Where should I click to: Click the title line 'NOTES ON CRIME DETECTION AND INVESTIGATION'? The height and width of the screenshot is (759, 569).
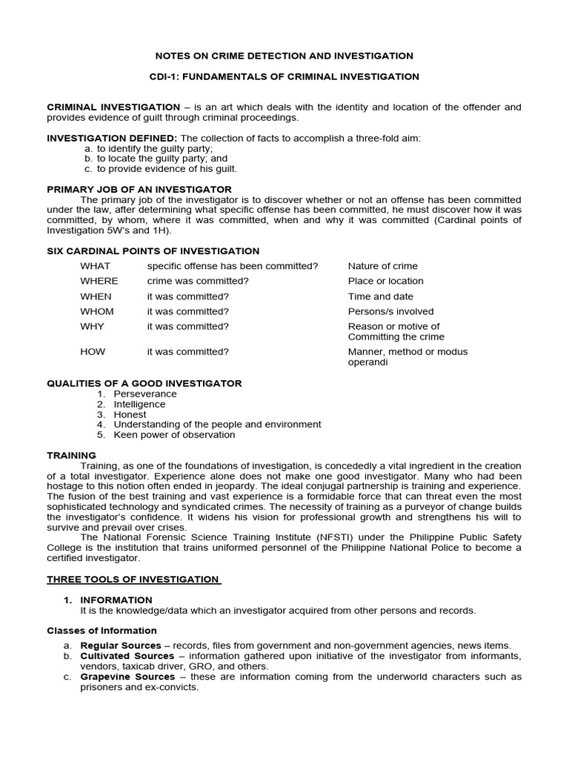284,56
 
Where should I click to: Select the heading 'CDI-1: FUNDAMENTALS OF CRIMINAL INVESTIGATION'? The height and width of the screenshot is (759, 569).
284,76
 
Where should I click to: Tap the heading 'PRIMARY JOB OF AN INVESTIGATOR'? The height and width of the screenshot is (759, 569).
139,189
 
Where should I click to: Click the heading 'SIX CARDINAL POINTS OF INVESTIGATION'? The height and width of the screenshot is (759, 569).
153,251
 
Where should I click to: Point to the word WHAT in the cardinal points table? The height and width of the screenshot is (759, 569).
96,266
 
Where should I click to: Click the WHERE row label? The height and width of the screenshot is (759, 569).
99,281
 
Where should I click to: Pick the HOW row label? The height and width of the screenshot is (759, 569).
93,351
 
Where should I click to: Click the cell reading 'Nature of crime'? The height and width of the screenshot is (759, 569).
383,266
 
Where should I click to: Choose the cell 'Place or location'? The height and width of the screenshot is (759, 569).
386,281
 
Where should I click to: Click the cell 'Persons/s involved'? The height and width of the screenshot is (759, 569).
391,311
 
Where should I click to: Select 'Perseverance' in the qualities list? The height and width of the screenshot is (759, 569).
145,394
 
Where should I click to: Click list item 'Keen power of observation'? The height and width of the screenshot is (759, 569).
174,435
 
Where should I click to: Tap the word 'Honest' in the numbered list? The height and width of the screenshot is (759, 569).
130,415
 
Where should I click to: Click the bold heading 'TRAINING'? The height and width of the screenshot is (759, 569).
72,455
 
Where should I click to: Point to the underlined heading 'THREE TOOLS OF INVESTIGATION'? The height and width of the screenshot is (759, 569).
133,579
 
